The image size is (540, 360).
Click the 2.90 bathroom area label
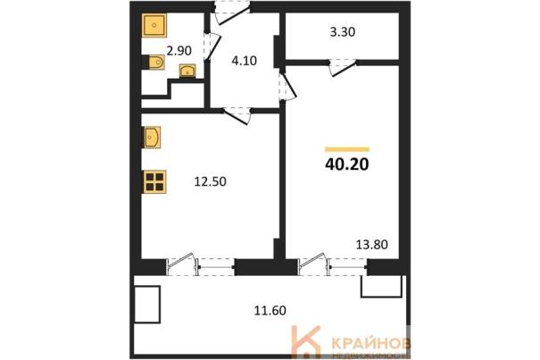pos(179,51)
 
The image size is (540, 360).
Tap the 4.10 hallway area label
pos(245,61)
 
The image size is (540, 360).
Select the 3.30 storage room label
pos(343,32)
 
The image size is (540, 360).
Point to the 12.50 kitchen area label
pos(210,181)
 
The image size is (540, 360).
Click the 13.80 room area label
pos(371,245)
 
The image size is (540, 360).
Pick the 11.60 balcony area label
pos(270,311)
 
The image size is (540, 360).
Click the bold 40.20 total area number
pos(347,164)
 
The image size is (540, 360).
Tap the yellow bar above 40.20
pos(347,149)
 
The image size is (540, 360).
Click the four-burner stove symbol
pos(154,181)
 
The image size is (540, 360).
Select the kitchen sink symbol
pos(153,138)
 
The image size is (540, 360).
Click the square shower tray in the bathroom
pos(154,25)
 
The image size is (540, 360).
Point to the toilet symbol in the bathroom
pos(154,63)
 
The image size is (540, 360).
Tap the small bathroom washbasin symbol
pos(187,71)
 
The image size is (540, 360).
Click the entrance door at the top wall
pos(231,13)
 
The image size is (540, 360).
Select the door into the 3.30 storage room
pos(343,68)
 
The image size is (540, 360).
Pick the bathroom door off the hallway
pos(212,47)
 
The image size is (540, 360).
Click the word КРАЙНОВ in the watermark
pos(371,343)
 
